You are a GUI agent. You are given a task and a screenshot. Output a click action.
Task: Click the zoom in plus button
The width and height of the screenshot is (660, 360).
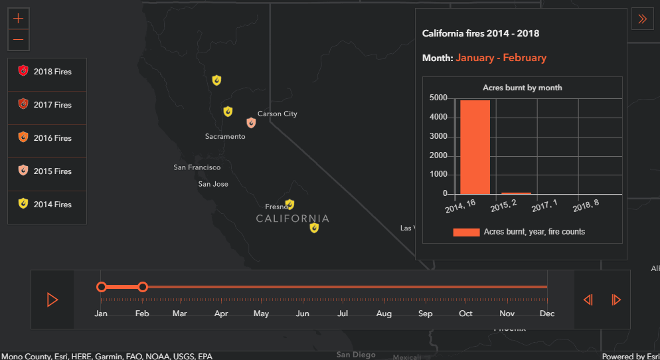point(18,19)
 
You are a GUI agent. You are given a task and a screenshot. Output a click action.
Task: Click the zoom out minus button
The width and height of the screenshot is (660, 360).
point(18,40)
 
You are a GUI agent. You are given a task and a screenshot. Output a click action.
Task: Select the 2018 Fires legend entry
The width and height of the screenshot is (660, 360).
point(46,72)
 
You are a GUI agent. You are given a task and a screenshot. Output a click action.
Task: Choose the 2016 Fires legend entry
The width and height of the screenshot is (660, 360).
point(46,138)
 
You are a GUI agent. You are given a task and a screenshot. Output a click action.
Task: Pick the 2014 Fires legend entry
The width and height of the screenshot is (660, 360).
point(46,205)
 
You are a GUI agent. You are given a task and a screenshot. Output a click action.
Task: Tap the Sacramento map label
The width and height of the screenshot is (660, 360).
point(225,136)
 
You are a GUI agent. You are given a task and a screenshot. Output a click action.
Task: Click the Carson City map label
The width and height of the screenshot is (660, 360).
point(277,114)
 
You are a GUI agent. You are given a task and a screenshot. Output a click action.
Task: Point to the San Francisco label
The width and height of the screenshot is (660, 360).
point(197,167)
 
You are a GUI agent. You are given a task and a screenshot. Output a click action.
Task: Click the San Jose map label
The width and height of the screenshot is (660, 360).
point(213,184)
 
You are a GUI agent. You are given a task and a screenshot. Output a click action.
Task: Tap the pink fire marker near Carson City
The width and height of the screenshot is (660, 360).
point(251,123)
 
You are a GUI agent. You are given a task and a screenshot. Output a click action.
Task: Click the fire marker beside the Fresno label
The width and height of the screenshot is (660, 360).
point(289,205)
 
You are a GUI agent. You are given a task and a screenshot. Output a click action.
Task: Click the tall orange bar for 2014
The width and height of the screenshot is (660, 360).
point(475,147)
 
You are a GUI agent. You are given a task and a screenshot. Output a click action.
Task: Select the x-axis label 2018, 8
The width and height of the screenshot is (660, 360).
point(585,205)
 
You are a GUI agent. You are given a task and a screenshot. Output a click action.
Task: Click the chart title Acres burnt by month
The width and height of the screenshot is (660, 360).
point(522,88)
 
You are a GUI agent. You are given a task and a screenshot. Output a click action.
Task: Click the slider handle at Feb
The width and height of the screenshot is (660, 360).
point(143,287)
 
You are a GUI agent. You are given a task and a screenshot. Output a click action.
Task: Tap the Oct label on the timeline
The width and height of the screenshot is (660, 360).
point(466,314)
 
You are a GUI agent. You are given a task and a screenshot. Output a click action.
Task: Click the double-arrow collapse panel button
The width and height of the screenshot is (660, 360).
point(642,19)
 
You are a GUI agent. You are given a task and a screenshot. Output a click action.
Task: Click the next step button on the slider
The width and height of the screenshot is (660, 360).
point(616,300)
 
